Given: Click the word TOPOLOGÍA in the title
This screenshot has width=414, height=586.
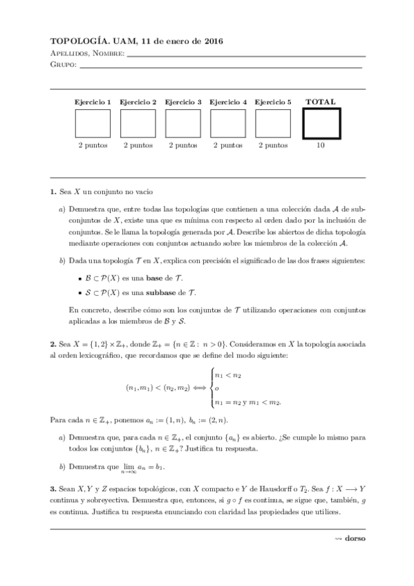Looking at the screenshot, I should (77, 41).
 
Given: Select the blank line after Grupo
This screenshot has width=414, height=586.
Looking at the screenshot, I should (221, 66).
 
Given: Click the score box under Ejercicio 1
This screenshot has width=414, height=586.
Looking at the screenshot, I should (93, 124).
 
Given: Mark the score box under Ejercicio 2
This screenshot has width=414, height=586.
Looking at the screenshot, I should (138, 124).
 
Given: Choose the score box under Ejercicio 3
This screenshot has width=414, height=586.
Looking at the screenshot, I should (182, 124).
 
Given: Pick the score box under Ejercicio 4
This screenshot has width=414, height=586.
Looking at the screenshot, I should (227, 124).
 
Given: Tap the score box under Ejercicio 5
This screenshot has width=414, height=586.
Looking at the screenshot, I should (272, 124).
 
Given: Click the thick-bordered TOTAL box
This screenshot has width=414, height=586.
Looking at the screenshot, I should (321, 124).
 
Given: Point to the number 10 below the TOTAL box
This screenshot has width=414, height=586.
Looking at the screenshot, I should (321, 146).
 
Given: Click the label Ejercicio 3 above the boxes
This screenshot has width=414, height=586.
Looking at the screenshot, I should (182, 102).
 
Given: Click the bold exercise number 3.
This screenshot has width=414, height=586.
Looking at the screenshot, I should (53, 489).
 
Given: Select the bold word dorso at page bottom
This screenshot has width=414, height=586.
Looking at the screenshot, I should (355, 538).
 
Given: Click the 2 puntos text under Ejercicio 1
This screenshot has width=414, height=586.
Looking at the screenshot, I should (93, 146).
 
